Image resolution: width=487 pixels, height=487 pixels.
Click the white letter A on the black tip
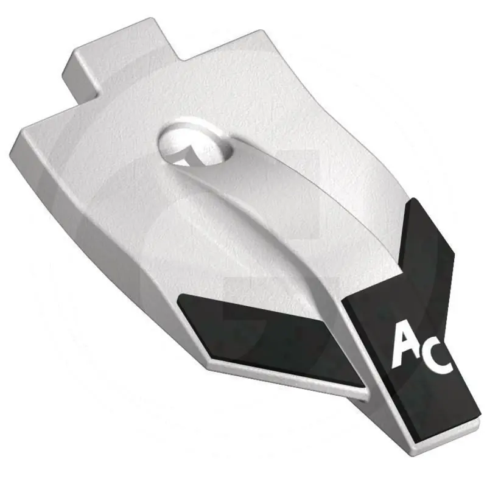point(407,345)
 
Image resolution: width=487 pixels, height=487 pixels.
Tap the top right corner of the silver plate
point(260,30)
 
